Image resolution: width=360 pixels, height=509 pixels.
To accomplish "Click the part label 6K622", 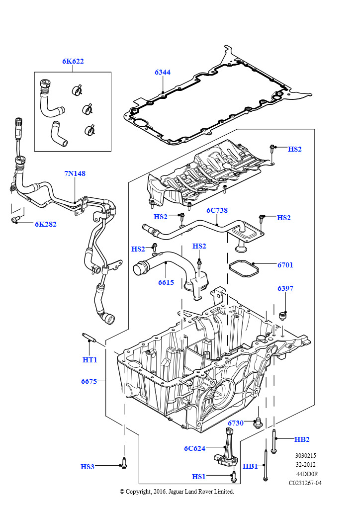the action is pos(73,61).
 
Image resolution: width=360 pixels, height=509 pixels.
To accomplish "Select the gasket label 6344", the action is pos(163,72).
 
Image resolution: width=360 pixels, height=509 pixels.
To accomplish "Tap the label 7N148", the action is pos(75,173).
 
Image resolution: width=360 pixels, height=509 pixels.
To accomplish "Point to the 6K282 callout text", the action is pos(46,224).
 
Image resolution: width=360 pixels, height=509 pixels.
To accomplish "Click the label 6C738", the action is pos(217,210).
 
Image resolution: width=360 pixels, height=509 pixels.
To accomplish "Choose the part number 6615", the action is pos(166,282).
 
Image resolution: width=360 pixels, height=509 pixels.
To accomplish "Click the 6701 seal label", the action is pos(285,265).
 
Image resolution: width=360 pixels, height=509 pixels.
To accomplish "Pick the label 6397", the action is pos(285,288).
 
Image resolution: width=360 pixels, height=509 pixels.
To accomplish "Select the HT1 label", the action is pos(90,360).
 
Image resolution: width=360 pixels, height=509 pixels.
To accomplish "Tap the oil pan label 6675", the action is pos(90,381).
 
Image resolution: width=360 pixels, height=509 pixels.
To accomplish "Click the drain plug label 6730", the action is pos(236,423).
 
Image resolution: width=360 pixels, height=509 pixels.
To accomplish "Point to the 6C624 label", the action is pos(195,448).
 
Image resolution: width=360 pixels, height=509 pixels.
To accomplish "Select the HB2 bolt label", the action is pos(302,439).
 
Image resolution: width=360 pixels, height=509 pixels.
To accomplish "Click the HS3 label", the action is pos(88,467).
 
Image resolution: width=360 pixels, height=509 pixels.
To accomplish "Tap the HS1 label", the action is pos(199,477).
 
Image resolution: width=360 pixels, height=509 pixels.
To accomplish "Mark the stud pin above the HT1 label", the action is pos(89,338).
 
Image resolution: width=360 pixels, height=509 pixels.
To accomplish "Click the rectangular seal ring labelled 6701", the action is pos(244,268).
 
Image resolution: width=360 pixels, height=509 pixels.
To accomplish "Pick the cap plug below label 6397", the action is pos(283,316).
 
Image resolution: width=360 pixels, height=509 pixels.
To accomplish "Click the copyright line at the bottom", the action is pos(177,492).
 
